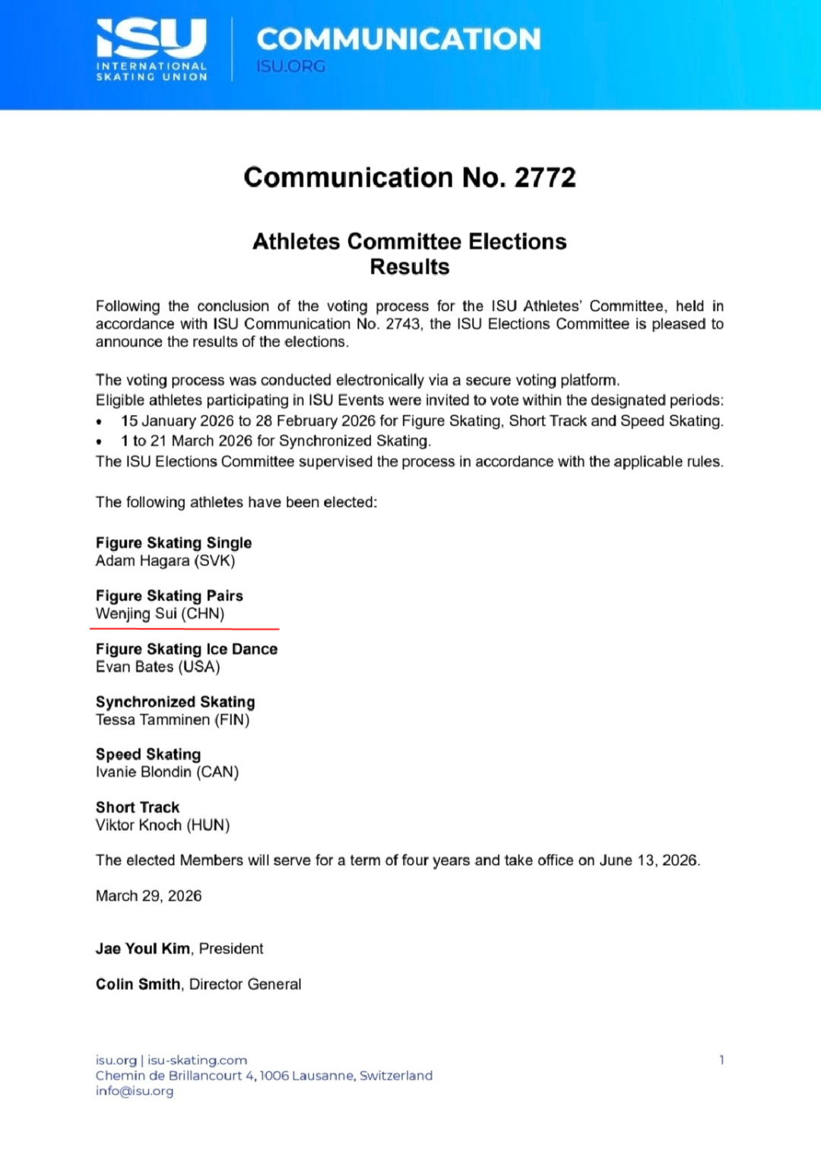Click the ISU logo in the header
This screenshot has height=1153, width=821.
coord(151,49)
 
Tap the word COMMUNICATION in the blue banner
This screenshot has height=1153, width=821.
coord(398,39)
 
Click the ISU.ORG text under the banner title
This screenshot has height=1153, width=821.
coord(290,66)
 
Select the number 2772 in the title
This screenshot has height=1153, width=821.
coord(545,177)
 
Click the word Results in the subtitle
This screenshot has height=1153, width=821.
coord(410,267)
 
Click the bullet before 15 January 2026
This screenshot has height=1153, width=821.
coord(100,422)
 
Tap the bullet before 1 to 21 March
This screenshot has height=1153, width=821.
coord(100,442)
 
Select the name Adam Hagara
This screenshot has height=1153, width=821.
coord(142,561)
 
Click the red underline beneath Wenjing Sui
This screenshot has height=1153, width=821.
coord(184,629)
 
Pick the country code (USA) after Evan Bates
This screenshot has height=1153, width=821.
coord(199,667)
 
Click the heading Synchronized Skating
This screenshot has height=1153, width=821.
coord(175,702)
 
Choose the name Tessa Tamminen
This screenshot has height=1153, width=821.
coord(152,720)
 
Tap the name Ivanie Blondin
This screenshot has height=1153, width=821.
coord(144,772)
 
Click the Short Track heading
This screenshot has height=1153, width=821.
coord(138,807)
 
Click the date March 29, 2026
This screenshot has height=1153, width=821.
coord(148,896)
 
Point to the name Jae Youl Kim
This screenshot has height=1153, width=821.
coord(143,949)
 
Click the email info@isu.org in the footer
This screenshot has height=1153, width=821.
coord(135,1091)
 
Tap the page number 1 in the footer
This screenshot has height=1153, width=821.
coord(721,1060)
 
